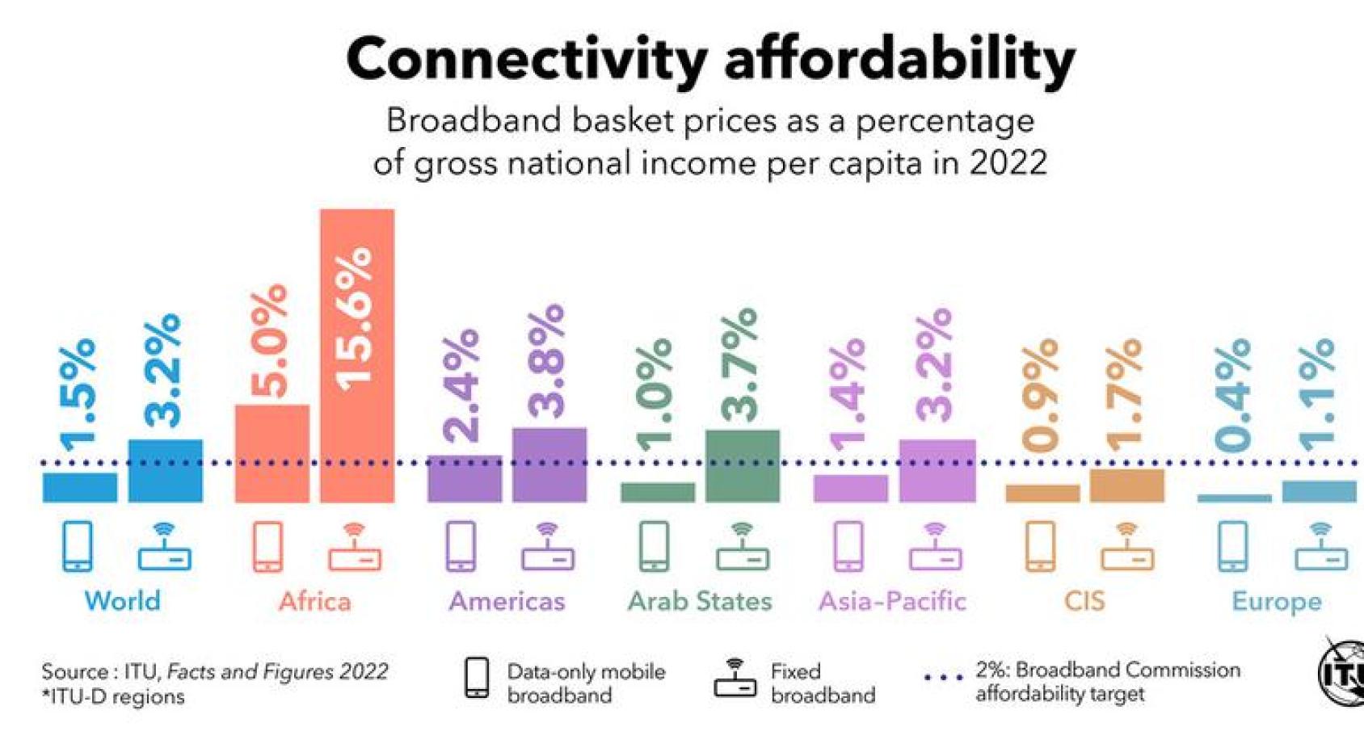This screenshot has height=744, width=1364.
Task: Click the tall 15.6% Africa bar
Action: pyautogui.click(x=356, y=355)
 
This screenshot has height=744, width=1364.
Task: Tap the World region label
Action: pyautogui.click(x=122, y=601)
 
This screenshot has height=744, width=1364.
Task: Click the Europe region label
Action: pyautogui.click(x=1276, y=601)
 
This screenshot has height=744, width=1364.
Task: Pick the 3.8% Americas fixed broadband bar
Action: pyautogui.click(x=549, y=465)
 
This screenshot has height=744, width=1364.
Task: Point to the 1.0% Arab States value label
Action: pyautogui.click(x=655, y=394)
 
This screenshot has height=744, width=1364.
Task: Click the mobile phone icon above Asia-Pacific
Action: pyautogui.click(x=848, y=546)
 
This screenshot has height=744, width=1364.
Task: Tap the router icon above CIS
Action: pyautogui.click(x=1126, y=547)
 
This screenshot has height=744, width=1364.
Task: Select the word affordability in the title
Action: pyautogui.click(x=899, y=60)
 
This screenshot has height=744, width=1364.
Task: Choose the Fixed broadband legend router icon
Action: pyautogui.click(x=735, y=679)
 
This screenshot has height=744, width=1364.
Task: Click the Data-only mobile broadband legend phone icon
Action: pyautogui.click(x=477, y=678)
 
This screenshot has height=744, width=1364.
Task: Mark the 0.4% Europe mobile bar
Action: pyautogui.click(x=1233, y=498)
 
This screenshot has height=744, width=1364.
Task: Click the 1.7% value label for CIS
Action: pyautogui.click(x=1124, y=394)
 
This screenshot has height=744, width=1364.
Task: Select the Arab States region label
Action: pyautogui.click(x=700, y=601)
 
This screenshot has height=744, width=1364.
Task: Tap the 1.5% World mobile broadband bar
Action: pyautogui.click(x=79, y=487)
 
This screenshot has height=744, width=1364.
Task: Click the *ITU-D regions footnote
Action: pyautogui.click(x=112, y=696)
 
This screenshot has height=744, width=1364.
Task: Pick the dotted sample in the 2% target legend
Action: pyautogui.click(x=943, y=678)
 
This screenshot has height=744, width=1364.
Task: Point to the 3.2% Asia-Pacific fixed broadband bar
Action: pyautogui.click(x=937, y=471)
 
